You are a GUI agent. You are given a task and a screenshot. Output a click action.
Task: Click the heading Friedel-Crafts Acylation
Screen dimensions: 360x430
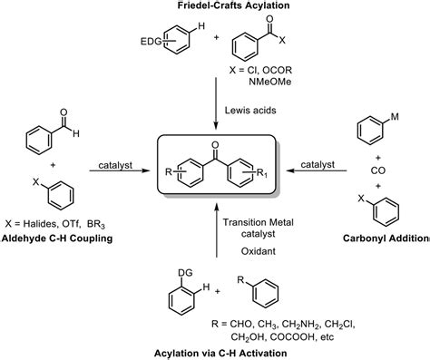(215, 7)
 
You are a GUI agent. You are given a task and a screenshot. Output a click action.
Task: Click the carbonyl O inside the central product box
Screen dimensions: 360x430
(214, 145)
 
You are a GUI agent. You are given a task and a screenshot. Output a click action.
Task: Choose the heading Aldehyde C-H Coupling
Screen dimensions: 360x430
(60, 239)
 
